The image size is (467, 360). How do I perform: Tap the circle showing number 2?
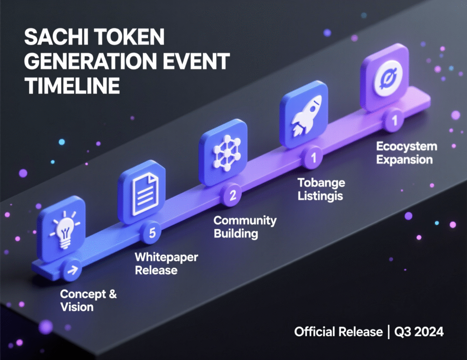point(233,195)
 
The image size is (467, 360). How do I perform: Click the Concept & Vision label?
point(88,300)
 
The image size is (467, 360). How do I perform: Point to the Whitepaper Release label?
point(166,263)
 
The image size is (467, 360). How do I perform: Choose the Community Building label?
point(245,227)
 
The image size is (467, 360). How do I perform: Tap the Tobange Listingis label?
point(321,190)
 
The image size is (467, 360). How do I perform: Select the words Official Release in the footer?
point(338,332)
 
